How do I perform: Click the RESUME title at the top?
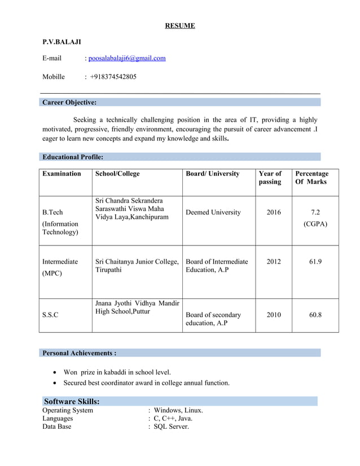point(180,25)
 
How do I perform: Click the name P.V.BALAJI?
point(62,42)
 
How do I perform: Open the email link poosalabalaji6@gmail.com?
point(127,58)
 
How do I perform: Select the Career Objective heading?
point(69,103)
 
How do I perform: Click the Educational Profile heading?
point(73,157)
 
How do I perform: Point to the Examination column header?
point(62,174)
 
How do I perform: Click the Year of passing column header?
point(270,178)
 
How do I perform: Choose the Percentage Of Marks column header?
point(311,178)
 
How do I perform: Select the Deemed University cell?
point(213,213)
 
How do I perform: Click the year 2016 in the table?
point(273,213)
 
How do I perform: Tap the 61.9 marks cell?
point(315,262)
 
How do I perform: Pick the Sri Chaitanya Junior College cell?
point(137,266)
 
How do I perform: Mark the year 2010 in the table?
point(273,315)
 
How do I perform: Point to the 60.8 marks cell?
point(315,315)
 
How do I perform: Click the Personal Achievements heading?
point(80,353)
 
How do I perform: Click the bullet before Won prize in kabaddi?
point(54,372)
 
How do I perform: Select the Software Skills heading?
point(72,402)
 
